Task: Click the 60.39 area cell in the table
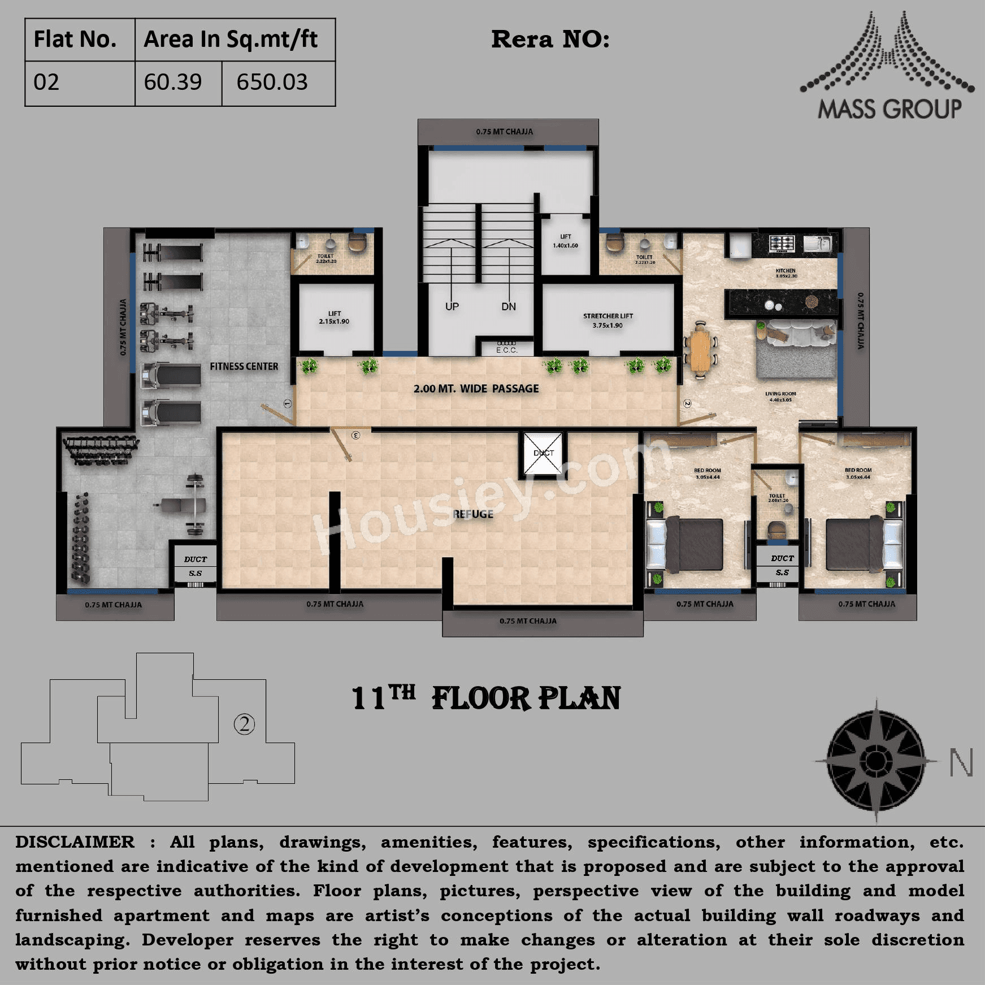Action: coord(173,83)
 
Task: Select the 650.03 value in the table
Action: coord(272,83)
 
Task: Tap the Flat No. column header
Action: coord(75,40)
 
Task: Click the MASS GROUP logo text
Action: coord(889,109)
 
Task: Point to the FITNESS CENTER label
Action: coord(244,367)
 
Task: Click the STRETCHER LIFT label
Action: coord(608,316)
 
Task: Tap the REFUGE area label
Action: coord(474,514)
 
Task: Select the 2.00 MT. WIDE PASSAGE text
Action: coord(476,389)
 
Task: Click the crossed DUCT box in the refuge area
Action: coord(543,453)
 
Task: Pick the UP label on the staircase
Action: coord(452,307)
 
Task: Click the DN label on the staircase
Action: coord(509,307)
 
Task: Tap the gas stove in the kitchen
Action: coord(782,244)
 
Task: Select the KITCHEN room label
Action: coord(786,271)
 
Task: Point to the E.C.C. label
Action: coord(506,350)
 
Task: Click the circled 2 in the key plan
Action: coord(244,724)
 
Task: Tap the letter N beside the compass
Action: coord(961,763)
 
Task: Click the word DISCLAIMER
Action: coord(75,842)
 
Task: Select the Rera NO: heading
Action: coord(550,40)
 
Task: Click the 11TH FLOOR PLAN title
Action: coord(486,698)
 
